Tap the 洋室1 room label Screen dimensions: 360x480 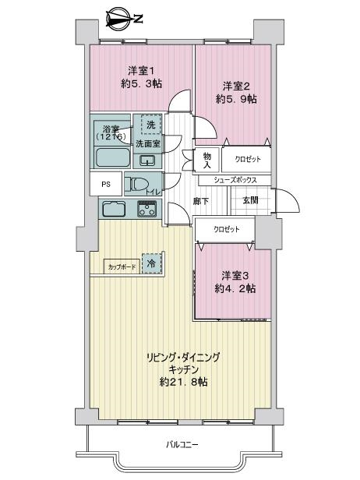142,72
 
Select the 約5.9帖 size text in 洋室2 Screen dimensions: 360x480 236,99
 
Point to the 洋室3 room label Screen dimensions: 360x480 235,276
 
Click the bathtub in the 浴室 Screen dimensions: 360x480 113,157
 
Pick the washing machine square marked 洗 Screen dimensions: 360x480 151,125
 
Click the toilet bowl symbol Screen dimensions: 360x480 136,184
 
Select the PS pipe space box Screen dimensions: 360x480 106,184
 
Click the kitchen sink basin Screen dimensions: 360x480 114,209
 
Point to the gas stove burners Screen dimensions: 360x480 147,209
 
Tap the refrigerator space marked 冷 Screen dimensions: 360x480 151,263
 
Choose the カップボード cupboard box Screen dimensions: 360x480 122,266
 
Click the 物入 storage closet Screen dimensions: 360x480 207,161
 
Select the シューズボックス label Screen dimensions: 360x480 235,180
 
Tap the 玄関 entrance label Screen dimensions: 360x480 250,200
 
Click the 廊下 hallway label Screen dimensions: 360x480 201,201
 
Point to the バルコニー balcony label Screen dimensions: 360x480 182,444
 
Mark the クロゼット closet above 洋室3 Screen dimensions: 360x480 225,229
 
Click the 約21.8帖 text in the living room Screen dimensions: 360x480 183,382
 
